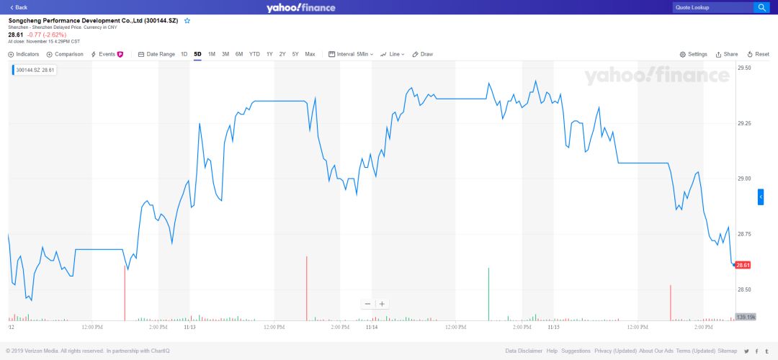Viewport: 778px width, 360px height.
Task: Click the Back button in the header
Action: [19, 7]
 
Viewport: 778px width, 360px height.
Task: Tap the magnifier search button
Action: [761, 7]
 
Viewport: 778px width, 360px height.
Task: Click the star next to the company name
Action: [187, 21]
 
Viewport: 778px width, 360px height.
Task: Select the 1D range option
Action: [184, 54]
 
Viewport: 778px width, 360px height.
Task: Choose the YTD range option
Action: [254, 54]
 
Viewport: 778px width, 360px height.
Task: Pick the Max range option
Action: [310, 54]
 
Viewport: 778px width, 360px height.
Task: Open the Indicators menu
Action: [24, 54]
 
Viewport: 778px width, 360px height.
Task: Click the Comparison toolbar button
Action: [65, 54]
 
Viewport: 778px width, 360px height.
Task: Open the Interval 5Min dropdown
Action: [351, 54]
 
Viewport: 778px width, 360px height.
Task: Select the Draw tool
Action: [423, 54]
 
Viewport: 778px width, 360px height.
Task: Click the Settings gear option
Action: [694, 54]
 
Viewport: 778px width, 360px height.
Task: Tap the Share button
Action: [727, 54]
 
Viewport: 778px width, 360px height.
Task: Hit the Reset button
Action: [759, 54]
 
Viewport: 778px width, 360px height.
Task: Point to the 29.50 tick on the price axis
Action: [744, 68]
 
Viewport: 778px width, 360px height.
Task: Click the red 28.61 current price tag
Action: [743, 265]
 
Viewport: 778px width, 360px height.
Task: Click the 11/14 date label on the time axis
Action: [372, 327]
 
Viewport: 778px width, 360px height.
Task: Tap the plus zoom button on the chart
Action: [383, 304]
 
